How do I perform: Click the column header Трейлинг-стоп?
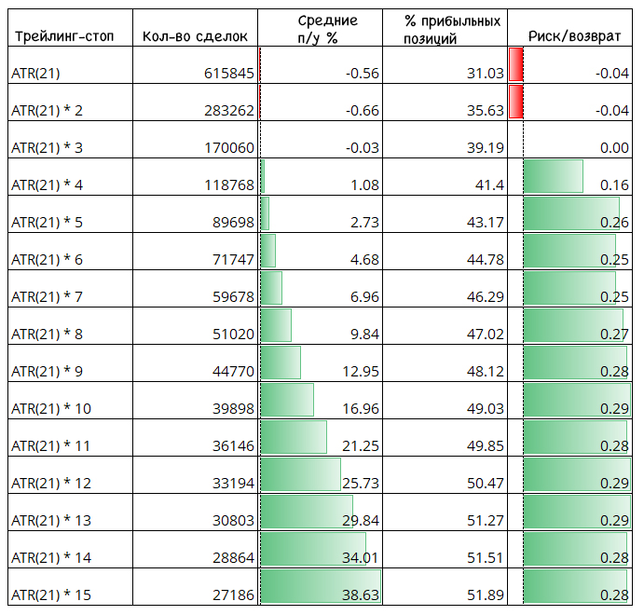click(x=64, y=36)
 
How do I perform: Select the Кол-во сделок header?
click(x=195, y=36)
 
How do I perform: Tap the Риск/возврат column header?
click(x=574, y=36)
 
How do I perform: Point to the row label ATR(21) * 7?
click(x=47, y=297)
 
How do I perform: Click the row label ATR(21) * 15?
click(x=51, y=595)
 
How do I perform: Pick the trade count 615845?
click(x=229, y=74)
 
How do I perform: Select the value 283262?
click(x=229, y=111)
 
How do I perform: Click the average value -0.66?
click(x=363, y=111)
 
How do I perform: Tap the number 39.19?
click(x=485, y=148)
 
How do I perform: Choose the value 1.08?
click(x=364, y=185)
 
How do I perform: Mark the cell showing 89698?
click(x=233, y=223)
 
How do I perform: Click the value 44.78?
click(x=485, y=260)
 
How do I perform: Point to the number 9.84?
click(x=364, y=335)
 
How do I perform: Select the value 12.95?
click(x=361, y=372)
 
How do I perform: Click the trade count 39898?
click(x=233, y=409)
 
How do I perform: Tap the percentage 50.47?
click(x=485, y=484)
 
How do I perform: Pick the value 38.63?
click(x=361, y=595)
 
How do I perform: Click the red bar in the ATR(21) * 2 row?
click(x=516, y=102)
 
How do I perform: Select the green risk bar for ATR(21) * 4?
click(x=554, y=176)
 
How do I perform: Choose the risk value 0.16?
click(x=614, y=185)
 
